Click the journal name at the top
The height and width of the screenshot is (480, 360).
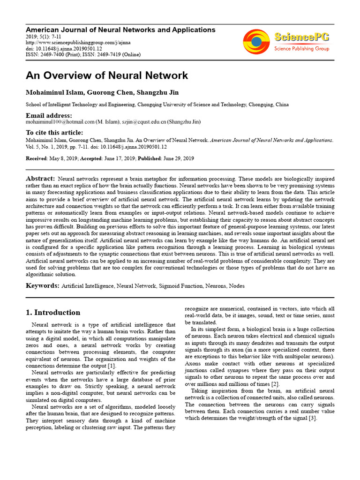(x=120, y=30)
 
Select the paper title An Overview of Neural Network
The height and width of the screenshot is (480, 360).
(x=107, y=75)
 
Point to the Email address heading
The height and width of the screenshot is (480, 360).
(x=49, y=115)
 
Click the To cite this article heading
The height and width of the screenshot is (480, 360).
(x=54, y=133)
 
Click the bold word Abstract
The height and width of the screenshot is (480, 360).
(x=41, y=179)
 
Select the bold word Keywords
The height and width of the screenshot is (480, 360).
(x=42, y=285)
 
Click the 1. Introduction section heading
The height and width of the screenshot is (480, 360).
(x=53, y=313)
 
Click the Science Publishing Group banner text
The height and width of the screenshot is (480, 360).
(x=302, y=48)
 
